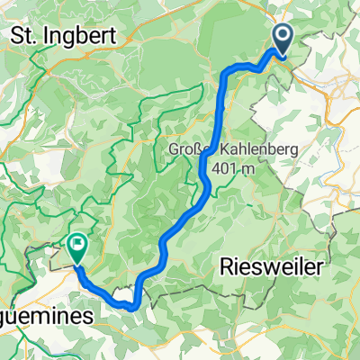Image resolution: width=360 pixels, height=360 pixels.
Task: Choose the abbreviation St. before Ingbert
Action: coord(22,36)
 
